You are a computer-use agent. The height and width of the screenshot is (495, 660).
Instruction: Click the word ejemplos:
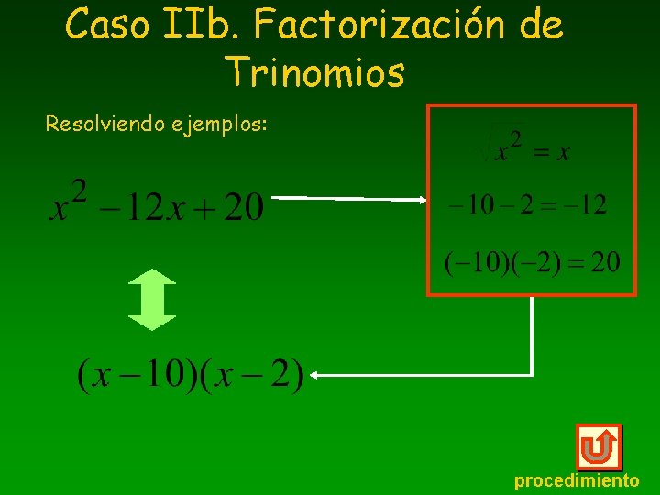coord(220,124)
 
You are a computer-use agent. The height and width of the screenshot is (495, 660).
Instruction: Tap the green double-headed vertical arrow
coord(151,299)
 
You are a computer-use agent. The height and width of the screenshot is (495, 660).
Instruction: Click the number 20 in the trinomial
coord(242,206)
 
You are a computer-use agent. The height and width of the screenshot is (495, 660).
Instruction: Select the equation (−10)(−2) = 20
coord(532,263)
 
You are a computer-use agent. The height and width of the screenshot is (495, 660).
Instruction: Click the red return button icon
coord(598,447)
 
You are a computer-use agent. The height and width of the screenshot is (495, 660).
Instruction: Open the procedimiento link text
coord(577,480)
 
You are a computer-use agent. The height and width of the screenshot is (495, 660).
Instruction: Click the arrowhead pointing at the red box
coord(420,199)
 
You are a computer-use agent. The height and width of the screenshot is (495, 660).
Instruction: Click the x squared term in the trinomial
coord(69,203)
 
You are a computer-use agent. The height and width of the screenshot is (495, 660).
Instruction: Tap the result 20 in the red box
coord(604,263)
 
